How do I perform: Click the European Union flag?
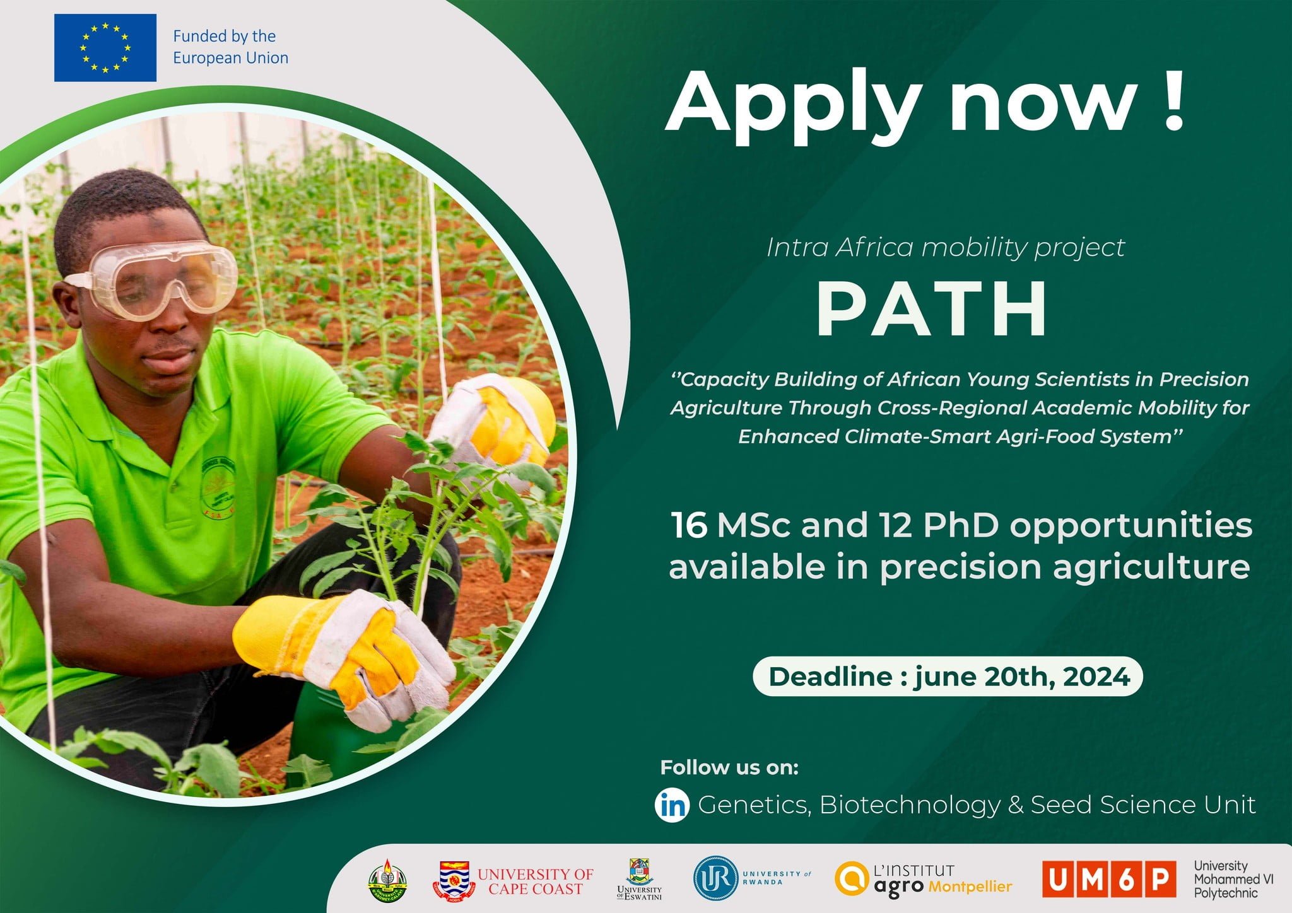[x=105, y=47]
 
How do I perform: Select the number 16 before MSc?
[x=688, y=525]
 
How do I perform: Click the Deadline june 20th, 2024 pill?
[x=948, y=677]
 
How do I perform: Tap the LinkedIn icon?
[x=672, y=805]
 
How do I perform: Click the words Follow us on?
[x=729, y=767]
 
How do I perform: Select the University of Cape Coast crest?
[x=454, y=881]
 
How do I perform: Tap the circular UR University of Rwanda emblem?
[x=716, y=878]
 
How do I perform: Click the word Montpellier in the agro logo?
[x=970, y=886]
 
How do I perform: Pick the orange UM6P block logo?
[x=1108, y=879]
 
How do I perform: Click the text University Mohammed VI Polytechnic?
[x=1233, y=879]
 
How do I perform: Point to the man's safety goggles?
[x=158, y=281]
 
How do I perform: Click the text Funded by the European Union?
[x=230, y=47]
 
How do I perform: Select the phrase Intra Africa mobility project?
[x=945, y=247]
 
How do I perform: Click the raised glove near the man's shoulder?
[x=498, y=422]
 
